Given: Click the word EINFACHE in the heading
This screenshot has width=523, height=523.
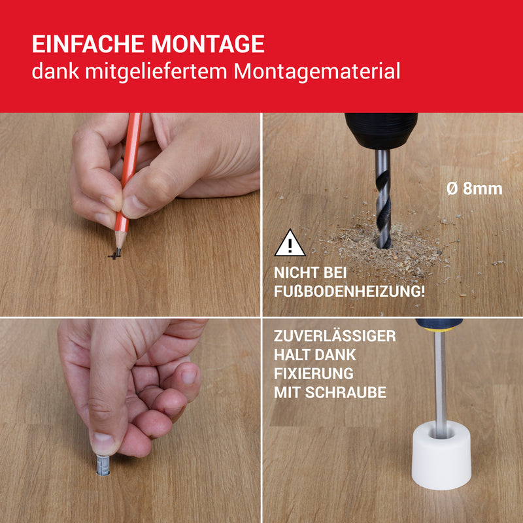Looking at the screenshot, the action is (88, 44).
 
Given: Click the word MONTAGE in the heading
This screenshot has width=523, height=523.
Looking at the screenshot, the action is (208, 44).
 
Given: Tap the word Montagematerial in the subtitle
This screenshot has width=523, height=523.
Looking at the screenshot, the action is (316, 72).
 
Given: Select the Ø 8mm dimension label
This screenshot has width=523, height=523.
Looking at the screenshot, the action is (475, 189).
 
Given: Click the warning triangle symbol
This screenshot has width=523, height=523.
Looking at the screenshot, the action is (290, 243).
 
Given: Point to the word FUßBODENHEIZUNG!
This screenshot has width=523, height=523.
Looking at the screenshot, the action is (349, 291).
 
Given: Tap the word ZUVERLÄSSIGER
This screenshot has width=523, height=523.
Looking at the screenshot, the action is (335, 335).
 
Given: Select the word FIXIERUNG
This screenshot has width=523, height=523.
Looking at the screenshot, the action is (314, 373).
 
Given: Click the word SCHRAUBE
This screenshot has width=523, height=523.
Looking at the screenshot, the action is (346, 393).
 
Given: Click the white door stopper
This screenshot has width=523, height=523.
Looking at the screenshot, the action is (441, 455).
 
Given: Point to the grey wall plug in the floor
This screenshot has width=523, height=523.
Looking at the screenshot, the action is (103, 464).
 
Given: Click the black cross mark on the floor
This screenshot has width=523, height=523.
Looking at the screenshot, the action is (114, 256).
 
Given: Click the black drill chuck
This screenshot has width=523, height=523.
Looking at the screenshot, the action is (381, 131).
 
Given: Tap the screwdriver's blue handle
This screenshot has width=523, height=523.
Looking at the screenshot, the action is (439, 324).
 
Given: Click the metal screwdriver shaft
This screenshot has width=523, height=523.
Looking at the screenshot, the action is (441, 383).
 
